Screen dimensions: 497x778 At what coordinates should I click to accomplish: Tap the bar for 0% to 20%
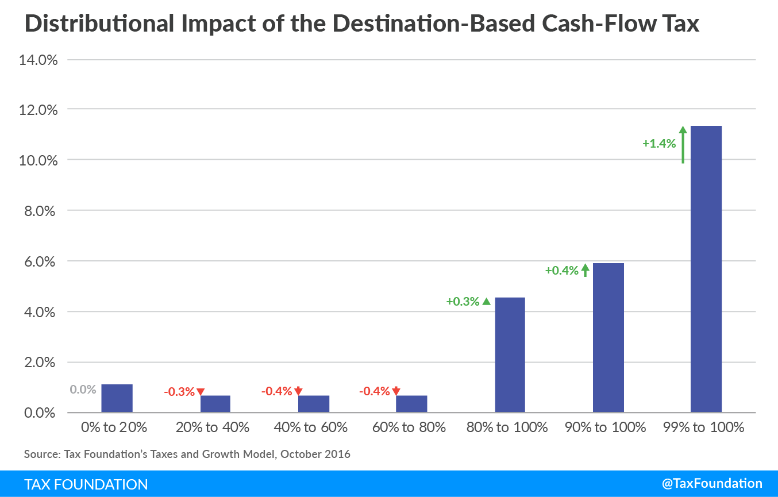click(117, 398)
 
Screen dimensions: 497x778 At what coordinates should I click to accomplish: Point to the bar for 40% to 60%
click(314, 404)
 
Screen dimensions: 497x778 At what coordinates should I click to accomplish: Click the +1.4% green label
click(659, 144)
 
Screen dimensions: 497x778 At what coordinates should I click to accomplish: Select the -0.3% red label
click(179, 392)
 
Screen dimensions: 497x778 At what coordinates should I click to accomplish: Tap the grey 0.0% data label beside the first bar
click(83, 390)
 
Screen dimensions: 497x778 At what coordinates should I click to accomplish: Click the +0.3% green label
click(463, 301)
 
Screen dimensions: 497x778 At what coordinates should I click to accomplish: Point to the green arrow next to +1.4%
click(683, 145)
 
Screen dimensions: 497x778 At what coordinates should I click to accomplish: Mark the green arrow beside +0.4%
click(585, 270)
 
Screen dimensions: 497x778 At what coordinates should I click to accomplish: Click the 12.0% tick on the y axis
click(38, 109)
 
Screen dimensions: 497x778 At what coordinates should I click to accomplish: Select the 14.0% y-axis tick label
click(38, 59)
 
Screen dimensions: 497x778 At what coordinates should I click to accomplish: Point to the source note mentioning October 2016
click(187, 454)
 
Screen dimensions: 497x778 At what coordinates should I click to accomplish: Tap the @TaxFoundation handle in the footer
click(712, 483)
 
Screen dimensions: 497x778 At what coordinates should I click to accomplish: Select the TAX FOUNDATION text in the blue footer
click(86, 484)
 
